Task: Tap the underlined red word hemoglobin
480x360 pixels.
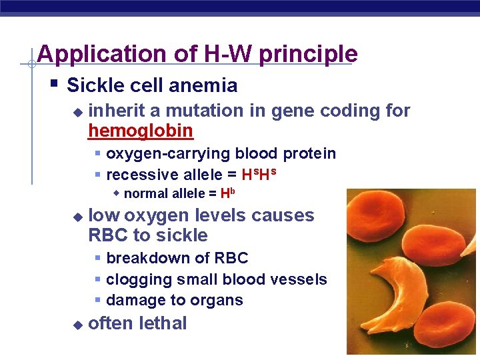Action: [141, 131]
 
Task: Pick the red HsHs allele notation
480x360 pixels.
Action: [259, 175]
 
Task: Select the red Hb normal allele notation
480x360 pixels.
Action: [228, 194]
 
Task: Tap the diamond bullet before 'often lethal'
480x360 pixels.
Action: [77, 325]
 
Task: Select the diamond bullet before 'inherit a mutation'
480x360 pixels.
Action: [77, 111]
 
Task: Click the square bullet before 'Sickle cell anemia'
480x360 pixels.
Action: [54, 85]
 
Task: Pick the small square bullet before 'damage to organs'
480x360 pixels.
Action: [97, 300]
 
